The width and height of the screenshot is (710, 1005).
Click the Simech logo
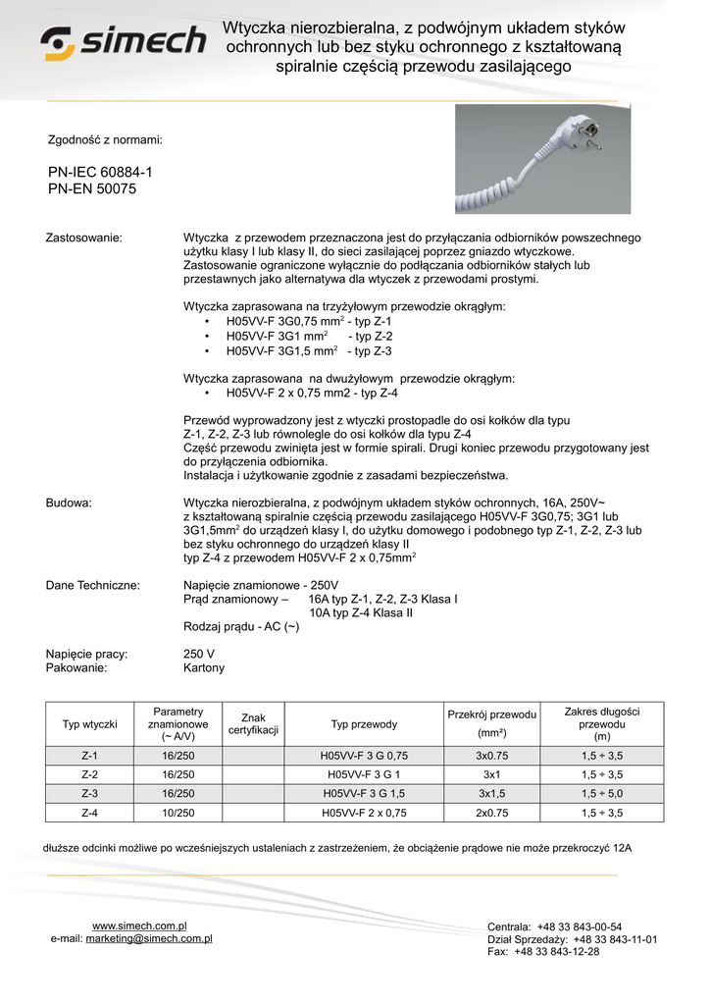pos(123,42)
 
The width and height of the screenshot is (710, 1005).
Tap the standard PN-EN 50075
pos(92,188)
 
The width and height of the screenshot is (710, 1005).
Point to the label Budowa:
pos(70,502)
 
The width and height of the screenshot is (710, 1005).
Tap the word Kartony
pos(204,667)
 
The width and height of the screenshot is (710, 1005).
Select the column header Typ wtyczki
pos(90,724)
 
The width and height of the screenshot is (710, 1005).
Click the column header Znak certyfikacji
pos(254,724)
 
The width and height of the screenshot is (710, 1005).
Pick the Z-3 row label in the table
pos(90,793)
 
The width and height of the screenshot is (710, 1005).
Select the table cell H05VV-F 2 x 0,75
pos(364,813)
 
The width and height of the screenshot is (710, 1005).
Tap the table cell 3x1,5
pos(491,793)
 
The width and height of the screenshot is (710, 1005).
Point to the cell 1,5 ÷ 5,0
pos(601,793)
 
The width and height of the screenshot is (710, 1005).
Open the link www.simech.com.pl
pos(139,926)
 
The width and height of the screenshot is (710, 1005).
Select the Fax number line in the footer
pos(543,951)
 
